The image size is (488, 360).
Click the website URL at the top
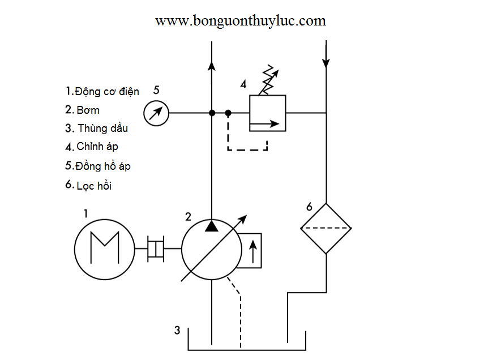pos(241,21)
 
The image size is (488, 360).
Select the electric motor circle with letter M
pos(105,248)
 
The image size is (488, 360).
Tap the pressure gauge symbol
pos(156,113)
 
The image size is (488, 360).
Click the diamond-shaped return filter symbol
pos(326,228)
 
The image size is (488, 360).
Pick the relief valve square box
pos(267,113)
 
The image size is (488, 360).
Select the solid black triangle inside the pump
pos(211,226)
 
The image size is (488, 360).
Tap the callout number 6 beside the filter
pos(309,207)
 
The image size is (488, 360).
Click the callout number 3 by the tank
pos(177,330)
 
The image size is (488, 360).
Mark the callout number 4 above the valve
pos(243,84)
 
